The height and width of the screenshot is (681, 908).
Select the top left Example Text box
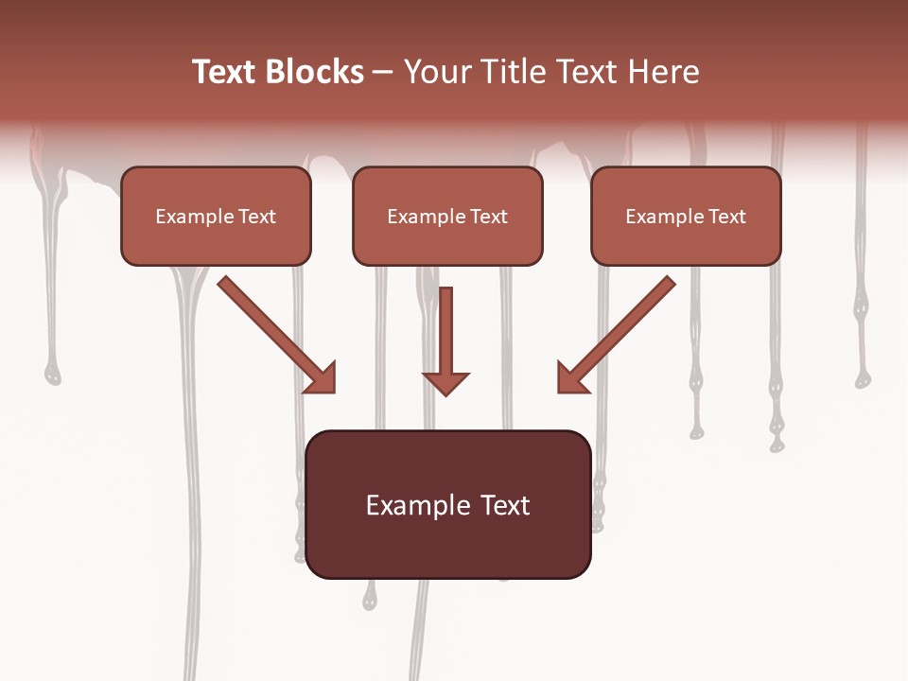(216, 217)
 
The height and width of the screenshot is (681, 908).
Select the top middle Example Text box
(447, 217)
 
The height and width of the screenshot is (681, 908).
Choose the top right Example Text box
(686, 217)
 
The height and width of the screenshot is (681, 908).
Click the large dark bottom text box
(448, 504)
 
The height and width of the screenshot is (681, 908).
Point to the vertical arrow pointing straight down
(445, 336)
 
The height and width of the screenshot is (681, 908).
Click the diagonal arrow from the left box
(270, 327)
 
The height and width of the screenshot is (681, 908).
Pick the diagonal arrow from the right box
(624, 327)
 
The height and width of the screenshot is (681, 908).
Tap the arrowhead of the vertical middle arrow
(445, 382)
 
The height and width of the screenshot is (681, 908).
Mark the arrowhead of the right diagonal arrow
(571, 378)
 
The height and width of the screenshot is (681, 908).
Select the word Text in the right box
(727, 217)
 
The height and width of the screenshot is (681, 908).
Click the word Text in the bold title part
(224, 72)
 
